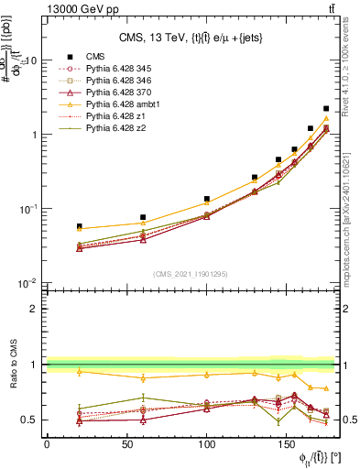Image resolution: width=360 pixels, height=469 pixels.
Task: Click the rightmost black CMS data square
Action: point(326,109)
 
